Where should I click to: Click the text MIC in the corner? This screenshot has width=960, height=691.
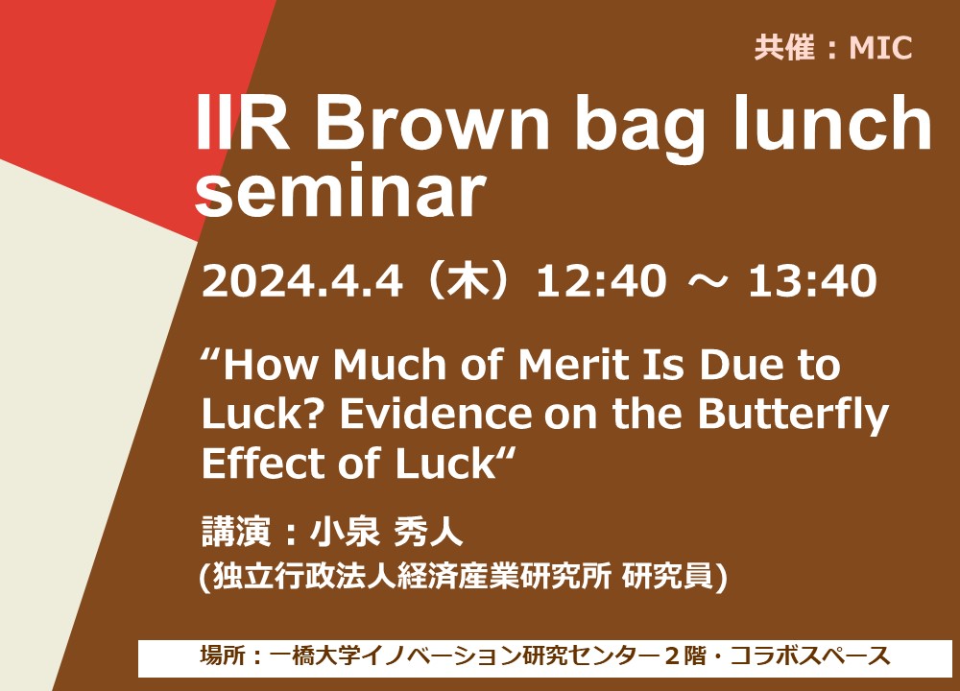tap(880, 48)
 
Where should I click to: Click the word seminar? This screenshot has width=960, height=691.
tap(341, 191)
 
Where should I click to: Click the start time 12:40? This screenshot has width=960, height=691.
tap(601, 281)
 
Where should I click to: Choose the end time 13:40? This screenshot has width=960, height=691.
tap(812, 281)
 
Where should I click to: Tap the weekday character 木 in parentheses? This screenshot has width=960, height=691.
tap(469, 281)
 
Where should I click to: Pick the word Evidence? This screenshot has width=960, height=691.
tap(436, 414)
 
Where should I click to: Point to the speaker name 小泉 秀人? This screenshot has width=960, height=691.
tap(386, 532)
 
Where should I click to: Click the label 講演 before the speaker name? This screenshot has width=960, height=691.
tap(236, 532)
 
